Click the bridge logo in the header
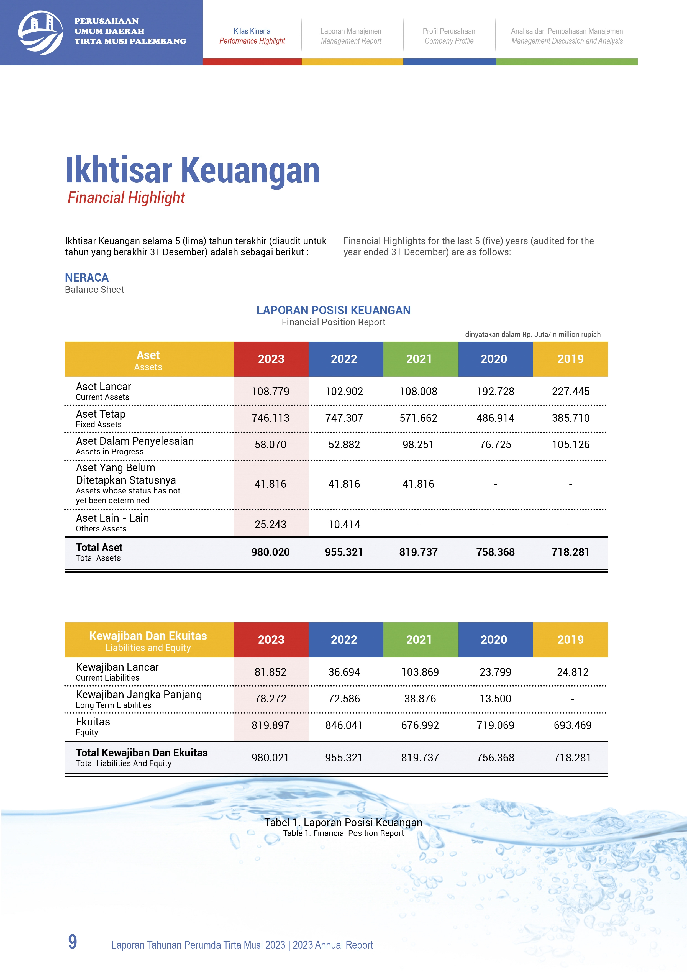pyautogui.click(x=41, y=33)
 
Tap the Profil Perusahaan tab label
pyautogui.click(x=449, y=31)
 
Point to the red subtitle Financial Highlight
pyautogui.click(x=126, y=197)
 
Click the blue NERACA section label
pyautogui.click(x=87, y=277)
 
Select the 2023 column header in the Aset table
pyautogui.click(x=271, y=359)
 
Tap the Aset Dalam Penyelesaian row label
pyautogui.click(x=135, y=442)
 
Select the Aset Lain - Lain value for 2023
pyautogui.click(x=270, y=524)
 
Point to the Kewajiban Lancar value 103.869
pyautogui.click(x=420, y=672)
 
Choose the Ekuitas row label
pyautogui.click(x=93, y=722)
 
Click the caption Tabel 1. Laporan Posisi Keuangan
pyautogui.click(x=343, y=823)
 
